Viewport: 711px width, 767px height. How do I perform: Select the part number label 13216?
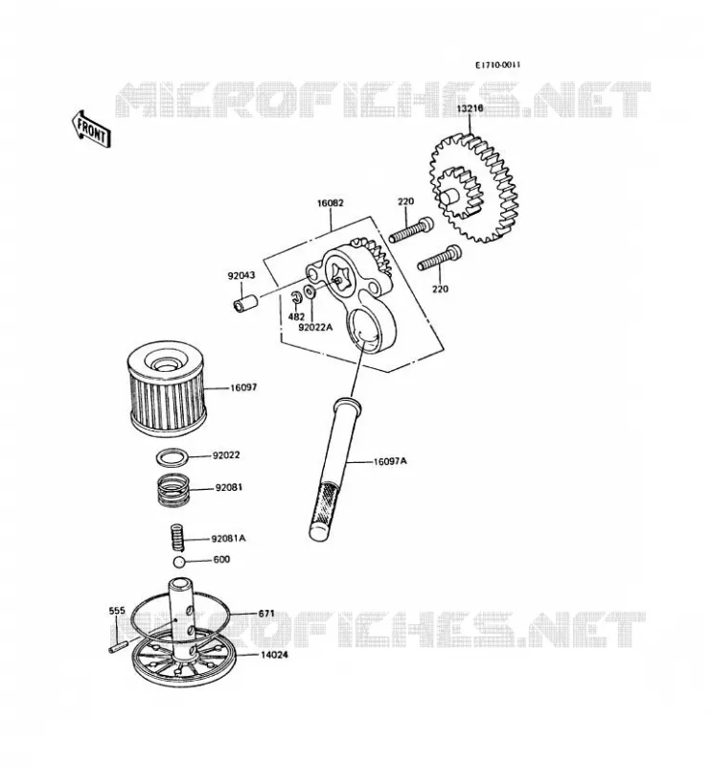470,107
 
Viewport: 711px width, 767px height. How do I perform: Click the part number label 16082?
330,202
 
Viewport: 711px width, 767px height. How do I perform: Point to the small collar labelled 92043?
244,302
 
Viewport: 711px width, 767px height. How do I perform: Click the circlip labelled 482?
295,297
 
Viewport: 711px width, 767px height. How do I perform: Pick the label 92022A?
316,327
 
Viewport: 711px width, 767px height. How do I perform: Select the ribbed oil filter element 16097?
167,386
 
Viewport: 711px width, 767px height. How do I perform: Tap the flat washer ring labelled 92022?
172,458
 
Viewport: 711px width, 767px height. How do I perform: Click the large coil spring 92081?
172,491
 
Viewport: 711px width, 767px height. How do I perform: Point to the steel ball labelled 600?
179,561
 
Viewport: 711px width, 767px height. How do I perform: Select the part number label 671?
266,613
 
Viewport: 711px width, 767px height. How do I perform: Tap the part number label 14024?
274,655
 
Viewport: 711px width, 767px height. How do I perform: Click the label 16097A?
390,461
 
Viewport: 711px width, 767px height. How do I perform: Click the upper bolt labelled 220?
411,230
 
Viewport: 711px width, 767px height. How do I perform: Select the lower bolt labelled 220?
439,258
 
